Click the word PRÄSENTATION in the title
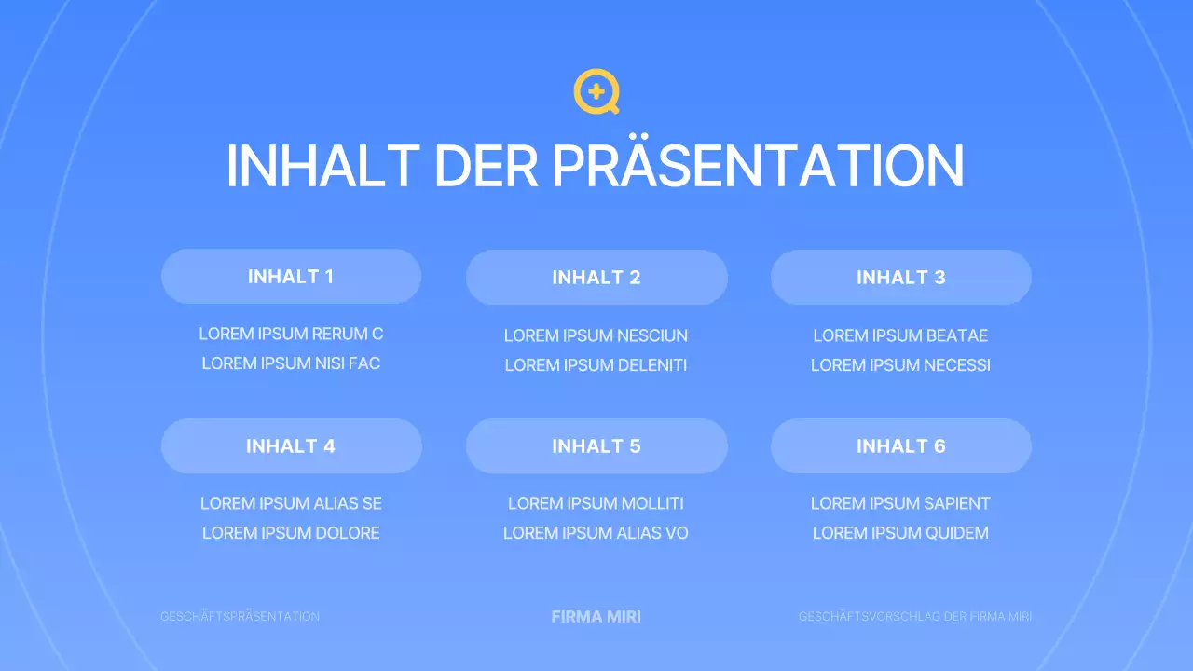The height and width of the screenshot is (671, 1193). pyautogui.click(x=757, y=166)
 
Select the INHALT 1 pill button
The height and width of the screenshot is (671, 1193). pyautogui.click(x=291, y=277)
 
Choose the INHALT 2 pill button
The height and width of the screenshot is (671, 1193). pyautogui.click(x=596, y=278)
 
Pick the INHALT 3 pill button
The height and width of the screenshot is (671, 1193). pyautogui.click(x=900, y=278)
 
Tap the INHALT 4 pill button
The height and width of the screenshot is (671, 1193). pyautogui.click(x=291, y=446)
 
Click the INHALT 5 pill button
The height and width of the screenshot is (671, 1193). pyautogui.click(x=596, y=446)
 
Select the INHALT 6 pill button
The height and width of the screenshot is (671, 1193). pyautogui.click(x=900, y=446)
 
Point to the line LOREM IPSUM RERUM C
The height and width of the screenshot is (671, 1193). pyautogui.click(x=291, y=334)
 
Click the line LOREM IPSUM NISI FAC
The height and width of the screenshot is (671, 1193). pyautogui.click(x=291, y=363)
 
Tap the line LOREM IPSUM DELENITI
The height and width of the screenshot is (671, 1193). pyautogui.click(x=596, y=365)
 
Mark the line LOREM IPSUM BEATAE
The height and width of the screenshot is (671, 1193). pyautogui.click(x=900, y=335)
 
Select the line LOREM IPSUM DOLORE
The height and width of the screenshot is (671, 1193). pyautogui.click(x=291, y=533)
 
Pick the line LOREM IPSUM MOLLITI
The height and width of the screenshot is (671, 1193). pyautogui.click(x=596, y=503)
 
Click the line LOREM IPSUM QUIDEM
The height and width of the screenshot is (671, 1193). pyautogui.click(x=900, y=533)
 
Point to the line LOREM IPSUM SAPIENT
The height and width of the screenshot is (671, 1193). pyautogui.click(x=900, y=503)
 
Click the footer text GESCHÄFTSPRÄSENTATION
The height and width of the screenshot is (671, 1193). pyautogui.click(x=240, y=617)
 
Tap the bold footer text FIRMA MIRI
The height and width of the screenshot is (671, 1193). pyautogui.click(x=596, y=617)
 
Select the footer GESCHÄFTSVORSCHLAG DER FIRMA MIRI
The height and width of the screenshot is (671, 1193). pyautogui.click(x=914, y=617)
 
